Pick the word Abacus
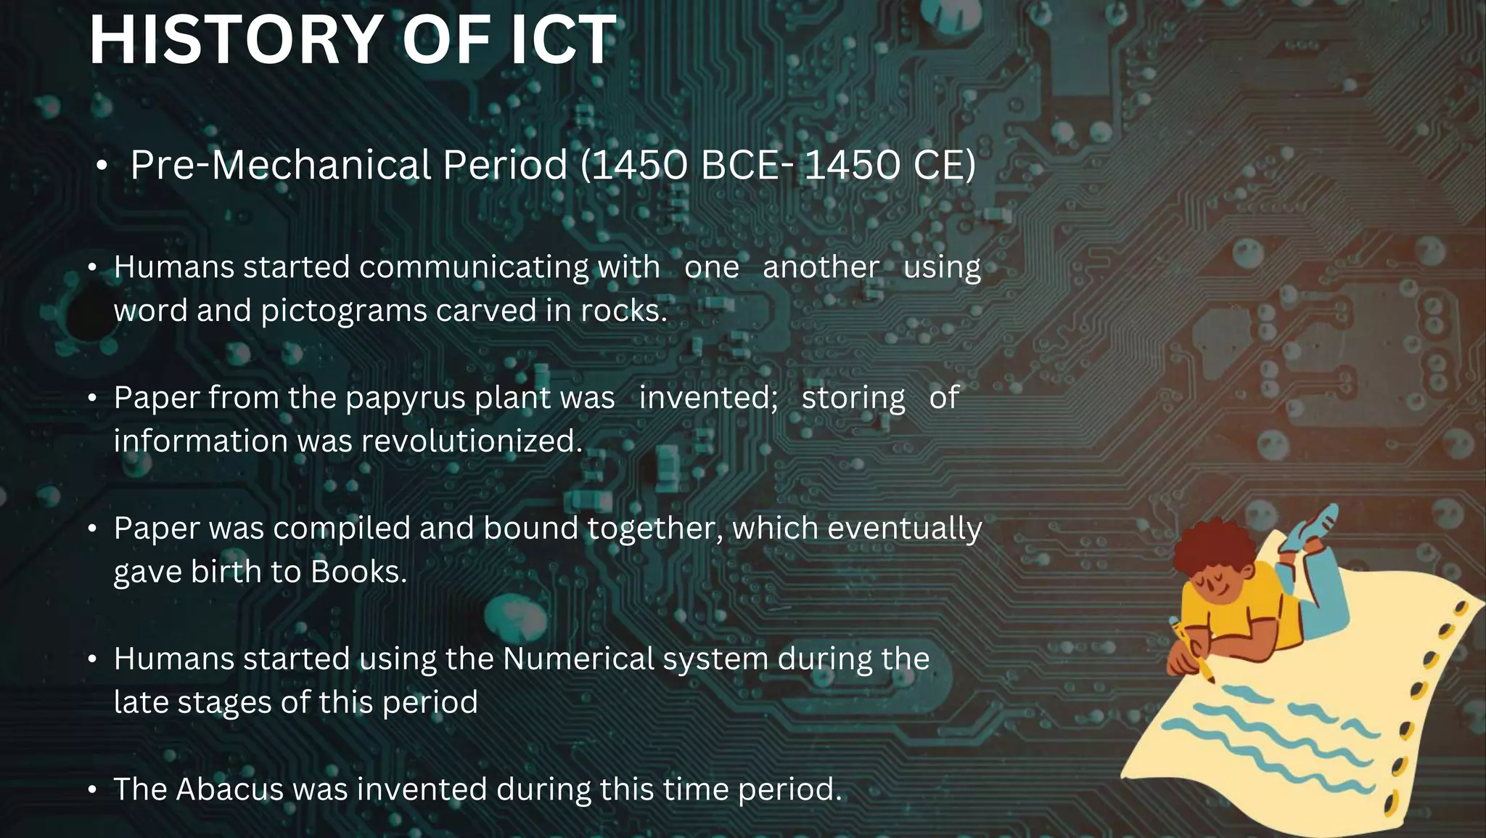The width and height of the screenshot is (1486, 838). tap(229, 789)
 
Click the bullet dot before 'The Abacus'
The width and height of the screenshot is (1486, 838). tap(92, 790)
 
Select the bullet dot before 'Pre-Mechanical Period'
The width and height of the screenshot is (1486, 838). tap(102, 167)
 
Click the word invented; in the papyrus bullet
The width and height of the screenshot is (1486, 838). tap(708, 398)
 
